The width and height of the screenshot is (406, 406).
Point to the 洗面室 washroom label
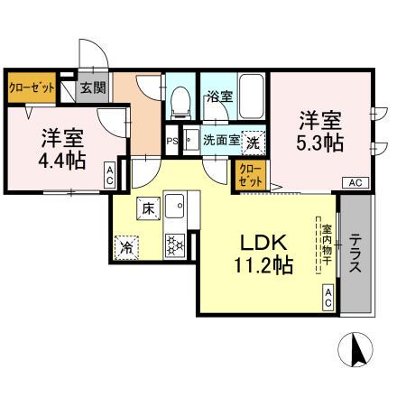[x=220, y=140]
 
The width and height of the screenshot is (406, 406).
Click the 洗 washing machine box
[x=254, y=142]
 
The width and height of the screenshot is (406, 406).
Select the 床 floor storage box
[x=147, y=208]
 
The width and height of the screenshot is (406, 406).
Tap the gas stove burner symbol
[x=174, y=243]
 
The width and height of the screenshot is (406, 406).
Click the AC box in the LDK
[x=328, y=297]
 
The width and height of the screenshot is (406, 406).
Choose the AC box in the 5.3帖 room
[x=355, y=182]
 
